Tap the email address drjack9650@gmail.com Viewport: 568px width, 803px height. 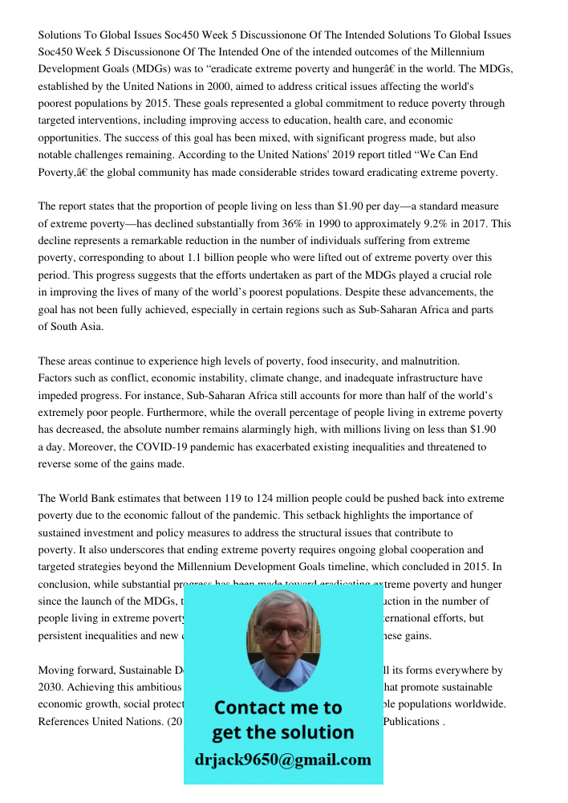(x=282, y=759)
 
